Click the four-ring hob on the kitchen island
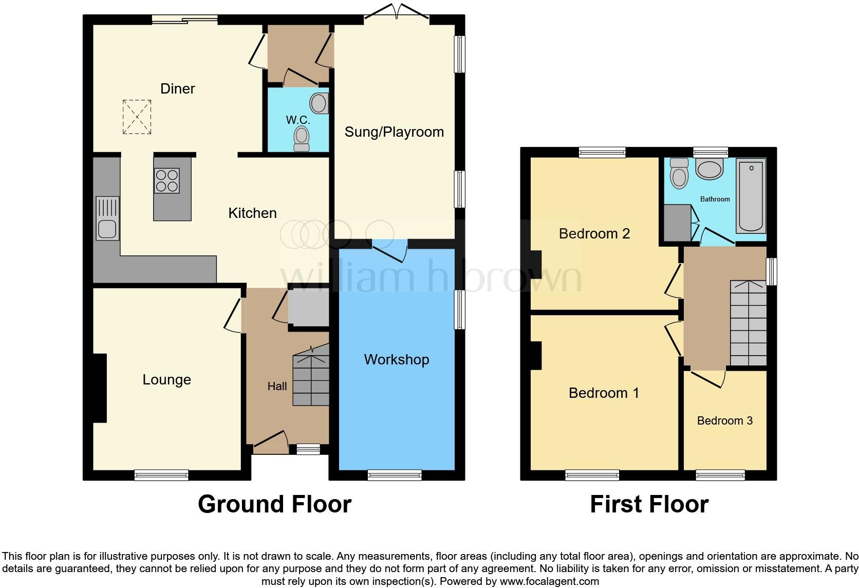point(166,180)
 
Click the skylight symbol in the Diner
point(137,117)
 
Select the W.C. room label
point(298,120)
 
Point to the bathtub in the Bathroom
point(751,196)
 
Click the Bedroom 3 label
point(724,420)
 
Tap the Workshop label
point(396,359)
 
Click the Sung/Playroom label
point(394,132)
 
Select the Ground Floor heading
point(274,504)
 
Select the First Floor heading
point(649,504)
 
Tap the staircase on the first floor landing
point(748,323)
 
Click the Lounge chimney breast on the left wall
point(99,388)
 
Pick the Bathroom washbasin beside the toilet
point(709,169)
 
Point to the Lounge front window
point(161,475)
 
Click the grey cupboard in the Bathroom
point(677,223)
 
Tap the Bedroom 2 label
point(594,233)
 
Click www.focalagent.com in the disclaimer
point(549,581)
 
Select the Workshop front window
point(395,475)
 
